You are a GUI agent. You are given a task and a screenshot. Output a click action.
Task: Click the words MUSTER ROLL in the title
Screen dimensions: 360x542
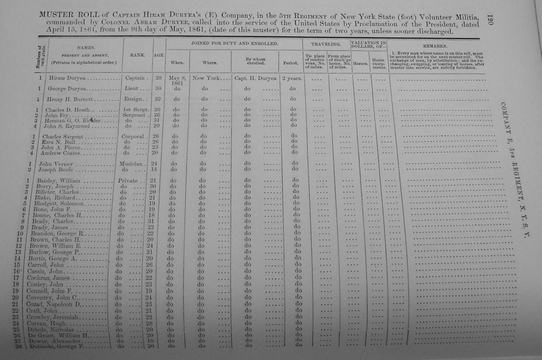(56, 15)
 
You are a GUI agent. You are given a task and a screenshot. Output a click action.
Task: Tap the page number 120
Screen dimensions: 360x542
(490, 20)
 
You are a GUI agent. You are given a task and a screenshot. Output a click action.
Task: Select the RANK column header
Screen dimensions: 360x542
(137, 55)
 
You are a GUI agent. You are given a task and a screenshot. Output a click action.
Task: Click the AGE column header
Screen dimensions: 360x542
(159, 55)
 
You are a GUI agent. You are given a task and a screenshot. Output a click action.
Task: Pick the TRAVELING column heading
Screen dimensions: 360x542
(326, 44)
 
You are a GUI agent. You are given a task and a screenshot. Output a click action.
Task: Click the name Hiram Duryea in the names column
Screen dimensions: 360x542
(67, 78)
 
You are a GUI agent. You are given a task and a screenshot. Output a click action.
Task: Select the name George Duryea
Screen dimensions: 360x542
(67, 89)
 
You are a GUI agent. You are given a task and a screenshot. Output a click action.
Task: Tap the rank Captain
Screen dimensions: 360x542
(135, 78)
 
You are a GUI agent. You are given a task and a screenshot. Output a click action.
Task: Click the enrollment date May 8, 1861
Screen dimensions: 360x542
(177, 80)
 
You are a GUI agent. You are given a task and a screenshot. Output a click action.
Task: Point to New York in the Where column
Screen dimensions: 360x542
(206, 78)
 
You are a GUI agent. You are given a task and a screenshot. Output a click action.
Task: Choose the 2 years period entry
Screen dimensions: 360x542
(292, 78)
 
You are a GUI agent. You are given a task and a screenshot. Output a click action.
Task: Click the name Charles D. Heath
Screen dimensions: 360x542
(67, 110)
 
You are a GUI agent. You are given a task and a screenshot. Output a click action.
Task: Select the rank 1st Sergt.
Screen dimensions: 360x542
(135, 110)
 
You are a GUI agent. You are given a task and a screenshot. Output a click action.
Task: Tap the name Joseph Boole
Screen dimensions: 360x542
(55, 170)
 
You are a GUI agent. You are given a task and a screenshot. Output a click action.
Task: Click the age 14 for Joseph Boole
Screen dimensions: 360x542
(154, 169)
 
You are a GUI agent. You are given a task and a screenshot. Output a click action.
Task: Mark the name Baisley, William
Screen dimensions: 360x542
(58, 181)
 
